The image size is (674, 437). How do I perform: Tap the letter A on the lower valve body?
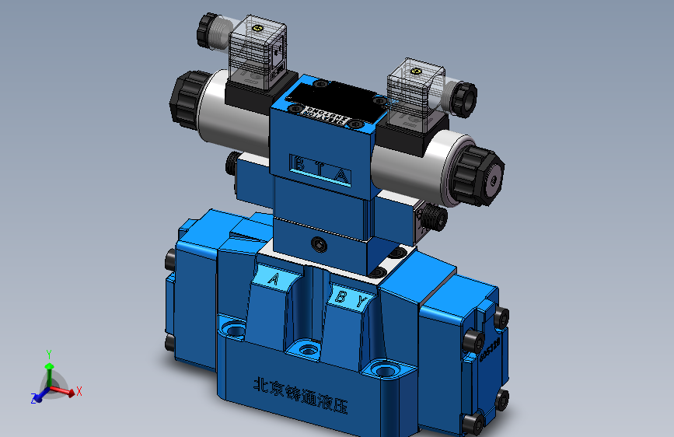click(274, 279)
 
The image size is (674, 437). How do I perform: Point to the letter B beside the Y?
click(340, 296)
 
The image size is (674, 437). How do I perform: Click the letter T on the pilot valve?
click(319, 167)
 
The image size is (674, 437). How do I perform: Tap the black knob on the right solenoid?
click(479, 176)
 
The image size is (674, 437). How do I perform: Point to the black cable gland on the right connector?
click(463, 96)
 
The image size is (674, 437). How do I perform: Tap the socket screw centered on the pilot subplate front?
click(319, 245)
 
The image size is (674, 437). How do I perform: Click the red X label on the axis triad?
click(79, 392)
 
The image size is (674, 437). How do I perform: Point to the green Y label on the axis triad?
click(49, 353)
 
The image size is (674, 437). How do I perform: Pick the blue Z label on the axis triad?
click(34, 398)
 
